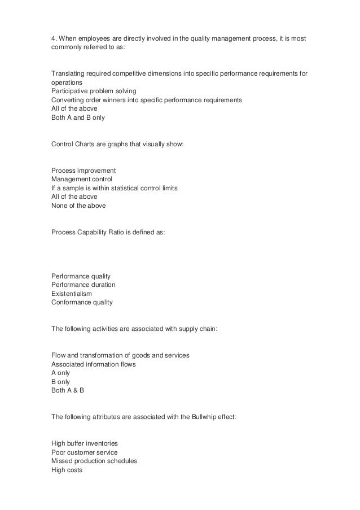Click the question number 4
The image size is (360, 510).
[x=54, y=37]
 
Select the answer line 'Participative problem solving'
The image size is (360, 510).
[x=93, y=91]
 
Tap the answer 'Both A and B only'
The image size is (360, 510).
[x=78, y=118]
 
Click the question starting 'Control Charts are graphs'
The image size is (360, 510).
[x=117, y=144]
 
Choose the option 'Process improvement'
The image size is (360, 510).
[x=84, y=170]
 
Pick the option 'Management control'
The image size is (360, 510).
[x=82, y=179]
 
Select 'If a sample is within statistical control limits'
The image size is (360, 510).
[x=115, y=188]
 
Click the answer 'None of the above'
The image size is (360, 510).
[x=78, y=206]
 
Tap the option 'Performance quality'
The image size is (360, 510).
[x=81, y=276]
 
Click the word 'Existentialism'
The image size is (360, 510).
[x=71, y=294]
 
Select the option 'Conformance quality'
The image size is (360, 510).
[x=82, y=302]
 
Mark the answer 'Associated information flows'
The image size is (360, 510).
[x=93, y=364]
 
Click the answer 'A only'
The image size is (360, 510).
[x=62, y=373]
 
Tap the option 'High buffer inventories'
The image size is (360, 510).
[x=85, y=443]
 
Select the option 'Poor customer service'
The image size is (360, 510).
[x=84, y=452]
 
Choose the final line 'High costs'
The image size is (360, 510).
[x=67, y=469]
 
